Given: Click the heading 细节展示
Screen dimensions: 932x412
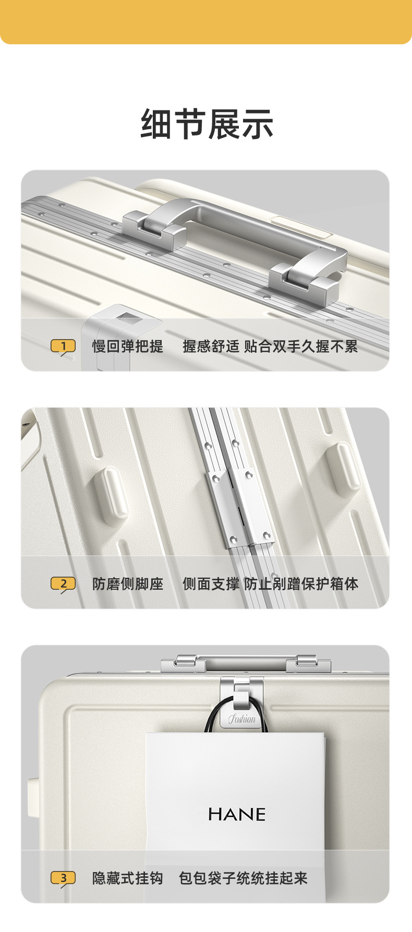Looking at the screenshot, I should pos(207,124).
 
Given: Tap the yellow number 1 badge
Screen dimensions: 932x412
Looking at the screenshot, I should pos(63,346).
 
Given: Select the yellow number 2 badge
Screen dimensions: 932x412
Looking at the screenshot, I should pos(63,583).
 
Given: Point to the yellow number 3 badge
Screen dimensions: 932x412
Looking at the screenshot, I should pos(63,878).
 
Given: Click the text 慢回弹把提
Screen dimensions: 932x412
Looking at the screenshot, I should pos(128,346).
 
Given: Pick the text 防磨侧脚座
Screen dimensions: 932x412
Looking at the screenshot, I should pos(128,584).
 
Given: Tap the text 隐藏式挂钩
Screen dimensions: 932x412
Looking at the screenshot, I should pos(128,878).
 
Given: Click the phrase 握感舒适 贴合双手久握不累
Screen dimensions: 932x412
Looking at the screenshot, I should pos(270,346).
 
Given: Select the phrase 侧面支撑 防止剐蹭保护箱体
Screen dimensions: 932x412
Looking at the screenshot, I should pos(270,584).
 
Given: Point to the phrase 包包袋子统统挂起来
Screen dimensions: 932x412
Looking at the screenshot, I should pos(243,878).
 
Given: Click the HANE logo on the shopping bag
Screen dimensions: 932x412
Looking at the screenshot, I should pos(237,814).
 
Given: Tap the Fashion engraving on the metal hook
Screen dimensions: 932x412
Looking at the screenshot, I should pos(241,719).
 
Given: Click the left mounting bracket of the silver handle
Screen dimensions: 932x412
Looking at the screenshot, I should pos(154,230).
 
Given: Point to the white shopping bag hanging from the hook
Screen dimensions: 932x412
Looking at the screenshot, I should pos(235,792).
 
